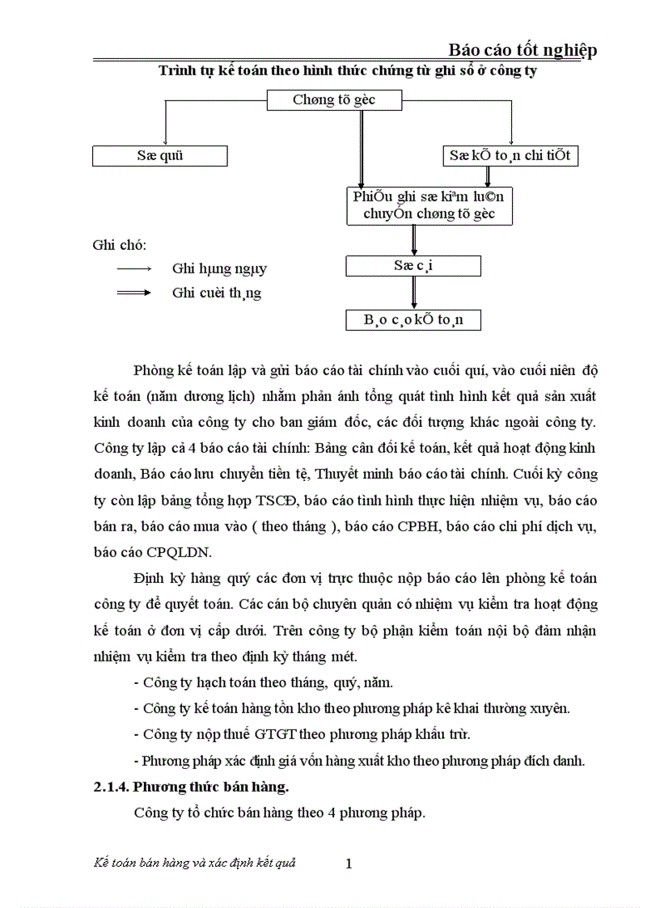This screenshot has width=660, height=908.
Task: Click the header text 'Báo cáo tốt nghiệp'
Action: (x=522, y=50)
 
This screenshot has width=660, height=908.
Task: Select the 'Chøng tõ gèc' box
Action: (x=334, y=99)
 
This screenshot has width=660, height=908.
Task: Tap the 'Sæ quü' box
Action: (x=159, y=155)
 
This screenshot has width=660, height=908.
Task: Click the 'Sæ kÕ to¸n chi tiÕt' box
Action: (x=511, y=155)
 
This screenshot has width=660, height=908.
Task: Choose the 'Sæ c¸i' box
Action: (x=413, y=265)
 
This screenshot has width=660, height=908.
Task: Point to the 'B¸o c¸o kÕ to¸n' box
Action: (x=413, y=320)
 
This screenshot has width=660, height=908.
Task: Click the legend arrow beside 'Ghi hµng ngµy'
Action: (x=134, y=268)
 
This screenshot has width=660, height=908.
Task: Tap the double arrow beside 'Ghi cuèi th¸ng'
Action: (x=134, y=293)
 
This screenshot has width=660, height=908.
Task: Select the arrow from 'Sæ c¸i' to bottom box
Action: (x=414, y=293)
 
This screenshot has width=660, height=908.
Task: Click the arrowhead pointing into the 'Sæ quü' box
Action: (x=165, y=142)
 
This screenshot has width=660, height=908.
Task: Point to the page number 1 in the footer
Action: (x=349, y=864)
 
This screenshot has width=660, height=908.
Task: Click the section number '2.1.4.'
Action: (x=111, y=786)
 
